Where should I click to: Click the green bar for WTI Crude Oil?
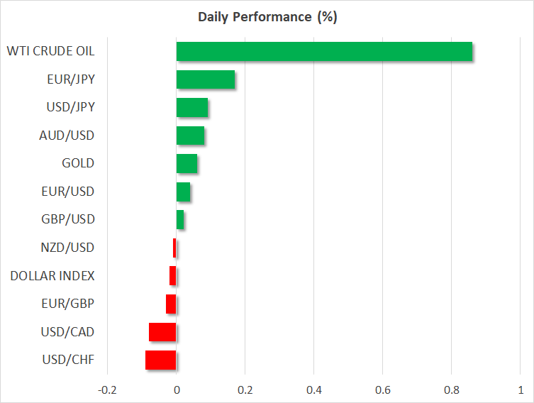324,52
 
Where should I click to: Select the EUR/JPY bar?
206,79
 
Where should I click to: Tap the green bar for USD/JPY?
192,107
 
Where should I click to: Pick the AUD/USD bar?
190,136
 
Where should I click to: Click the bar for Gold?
187,163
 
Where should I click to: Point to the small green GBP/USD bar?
180,220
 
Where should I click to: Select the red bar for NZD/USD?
174,248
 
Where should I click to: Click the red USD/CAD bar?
162,332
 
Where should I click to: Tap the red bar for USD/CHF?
161,360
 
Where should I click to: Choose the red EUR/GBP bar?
171,304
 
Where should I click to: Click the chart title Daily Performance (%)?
267,17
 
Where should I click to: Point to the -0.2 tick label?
107,390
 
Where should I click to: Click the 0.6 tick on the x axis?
383,390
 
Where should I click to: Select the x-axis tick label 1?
521,390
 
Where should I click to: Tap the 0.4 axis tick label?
314,390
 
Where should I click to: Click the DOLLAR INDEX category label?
52,275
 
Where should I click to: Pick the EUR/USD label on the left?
68,192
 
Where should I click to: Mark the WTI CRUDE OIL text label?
51,51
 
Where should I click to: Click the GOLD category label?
78,163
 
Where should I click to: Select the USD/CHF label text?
68,360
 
